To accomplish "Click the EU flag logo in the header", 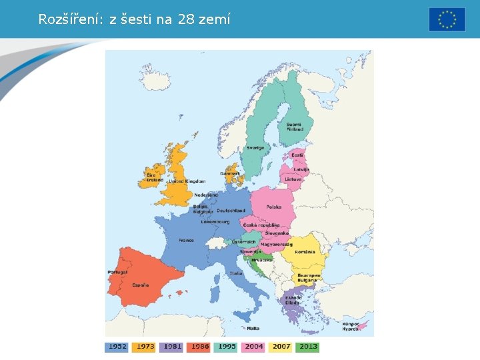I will (x=447, y=19).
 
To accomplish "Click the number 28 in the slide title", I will (x=187, y=19).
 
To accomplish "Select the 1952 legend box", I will (x=117, y=347).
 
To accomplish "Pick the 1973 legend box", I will (x=144, y=347).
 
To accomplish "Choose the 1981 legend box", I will (x=171, y=347).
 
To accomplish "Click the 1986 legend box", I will (x=199, y=347).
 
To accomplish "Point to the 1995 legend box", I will (x=226, y=347).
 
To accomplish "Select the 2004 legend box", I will (x=254, y=347).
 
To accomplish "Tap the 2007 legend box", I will (x=281, y=347).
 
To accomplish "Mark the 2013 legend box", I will (x=309, y=347).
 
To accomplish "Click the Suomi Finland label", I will (x=294, y=127).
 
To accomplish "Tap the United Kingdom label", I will (x=187, y=181).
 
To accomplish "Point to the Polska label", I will (x=274, y=207).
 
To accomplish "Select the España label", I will (x=140, y=285).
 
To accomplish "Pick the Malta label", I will (x=253, y=328).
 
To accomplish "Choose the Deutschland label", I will (x=231, y=211).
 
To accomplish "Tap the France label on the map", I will (x=186, y=240).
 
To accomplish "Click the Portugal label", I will (x=117, y=272).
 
